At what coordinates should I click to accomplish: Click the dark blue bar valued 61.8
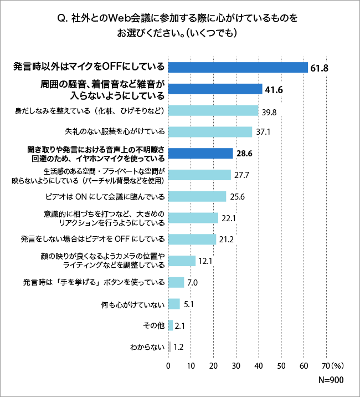[x=238, y=67]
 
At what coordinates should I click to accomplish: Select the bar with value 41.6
[x=215, y=89]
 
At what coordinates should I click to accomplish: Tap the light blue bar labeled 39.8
[x=213, y=110]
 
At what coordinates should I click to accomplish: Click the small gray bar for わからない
[x=169, y=347]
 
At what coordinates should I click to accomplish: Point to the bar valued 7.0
[x=176, y=282]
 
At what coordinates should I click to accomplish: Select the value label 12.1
[x=205, y=261]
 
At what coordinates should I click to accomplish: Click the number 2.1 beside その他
[x=179, y=326]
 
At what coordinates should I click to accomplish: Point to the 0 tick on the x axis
[x=168, y=366]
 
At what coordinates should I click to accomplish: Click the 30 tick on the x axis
[x=236, y=366]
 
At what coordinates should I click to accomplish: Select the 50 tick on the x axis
[x=281, y=366]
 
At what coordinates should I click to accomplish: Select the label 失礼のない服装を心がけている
[x=115, y=132]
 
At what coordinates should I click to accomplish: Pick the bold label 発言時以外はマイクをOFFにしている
[x=89, y=67]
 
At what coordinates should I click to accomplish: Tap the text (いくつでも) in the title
[x=213, y=32]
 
